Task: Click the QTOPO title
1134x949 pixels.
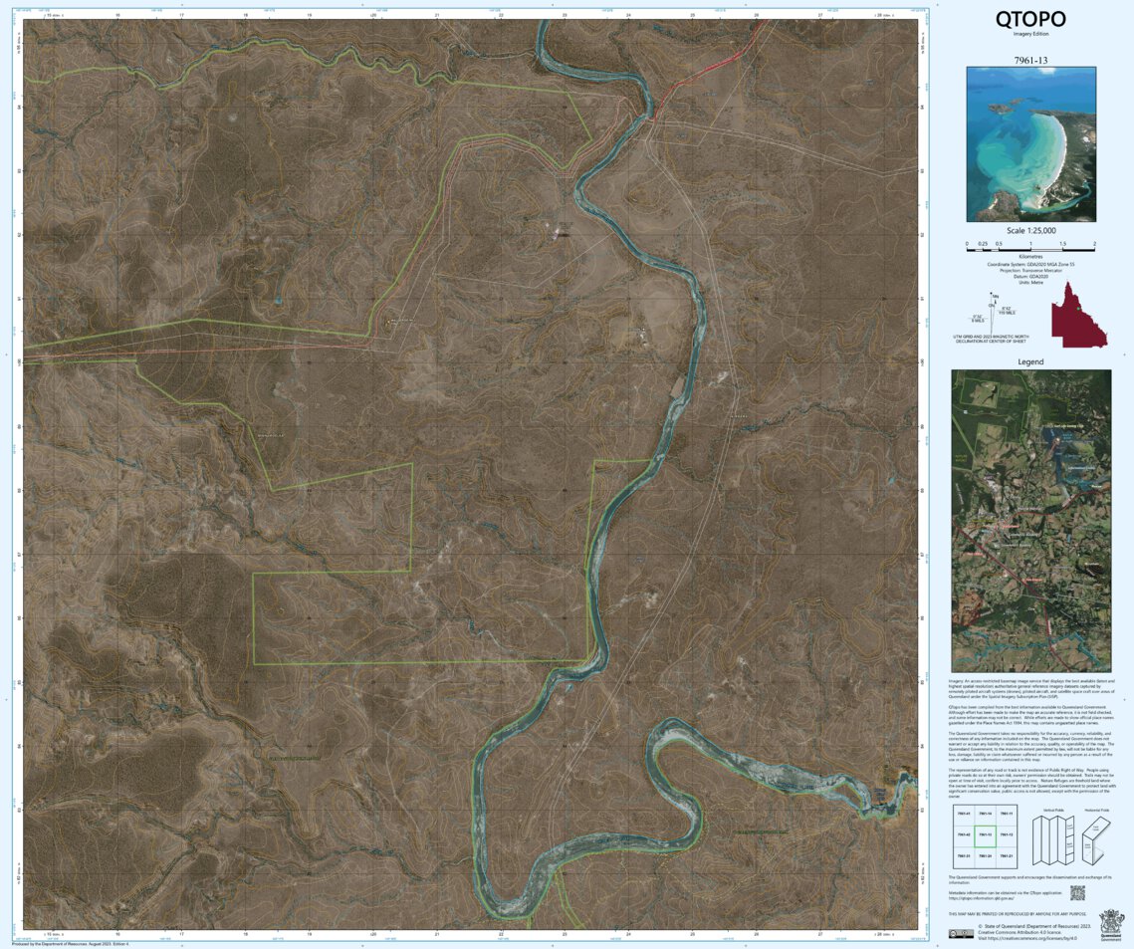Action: pos(1030,20)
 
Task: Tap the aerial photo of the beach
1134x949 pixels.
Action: pos(1030,143)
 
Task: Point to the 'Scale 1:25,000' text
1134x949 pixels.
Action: pos(1030,231)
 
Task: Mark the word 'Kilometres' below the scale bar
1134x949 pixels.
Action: pos(1030,256)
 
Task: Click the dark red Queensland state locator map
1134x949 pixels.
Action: pos(1073,315)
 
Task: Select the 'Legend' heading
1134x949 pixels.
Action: pos(1030,361)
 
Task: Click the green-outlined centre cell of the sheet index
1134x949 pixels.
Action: pos(986,834)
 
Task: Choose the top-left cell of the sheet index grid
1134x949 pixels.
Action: pos(963,814)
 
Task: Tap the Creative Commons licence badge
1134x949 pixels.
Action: pos(961,933)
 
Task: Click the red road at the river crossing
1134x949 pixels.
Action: pos(652,115)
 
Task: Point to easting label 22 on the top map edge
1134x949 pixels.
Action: pos(501,15)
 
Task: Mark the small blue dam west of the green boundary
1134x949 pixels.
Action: pos(278,299)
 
